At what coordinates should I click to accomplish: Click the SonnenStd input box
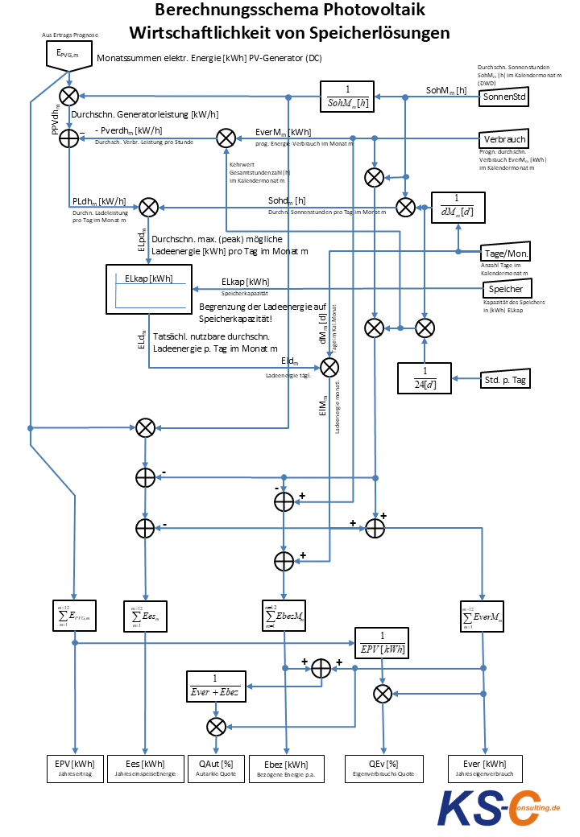[x=505, y=97]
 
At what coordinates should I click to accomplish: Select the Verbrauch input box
[x=505, y=138]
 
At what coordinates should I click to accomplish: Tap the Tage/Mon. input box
[x=505, y=253]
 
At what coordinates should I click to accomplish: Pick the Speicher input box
[x=505, y=289]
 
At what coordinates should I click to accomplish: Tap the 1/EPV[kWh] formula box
[x=382, y=644]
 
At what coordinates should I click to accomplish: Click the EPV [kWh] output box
[x=75, y=769]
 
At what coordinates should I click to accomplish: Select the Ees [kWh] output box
[x=145, y=769]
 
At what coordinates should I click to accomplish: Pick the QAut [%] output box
[x=215, y=769]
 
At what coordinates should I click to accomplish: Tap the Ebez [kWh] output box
[x=285, y=769]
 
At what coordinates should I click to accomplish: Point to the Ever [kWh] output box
[x=484, y=769]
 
